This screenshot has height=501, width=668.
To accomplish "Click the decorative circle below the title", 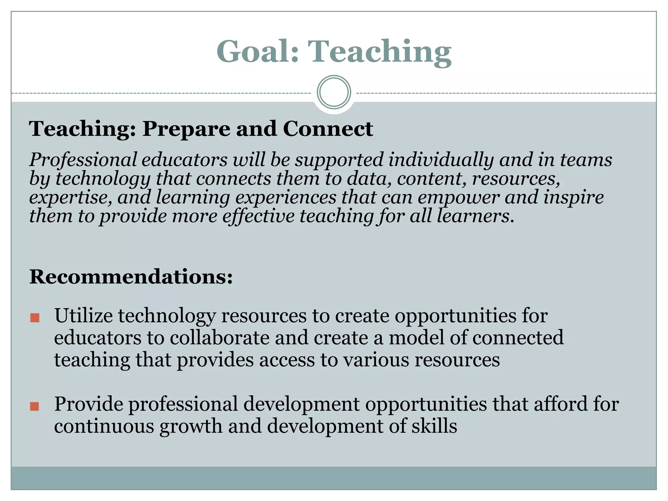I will point(334,92).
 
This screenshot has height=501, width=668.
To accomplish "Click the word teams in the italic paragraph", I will point(586,160).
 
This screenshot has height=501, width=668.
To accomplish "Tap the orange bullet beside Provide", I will point(35,406).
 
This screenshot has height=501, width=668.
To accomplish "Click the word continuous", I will point(104,426).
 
